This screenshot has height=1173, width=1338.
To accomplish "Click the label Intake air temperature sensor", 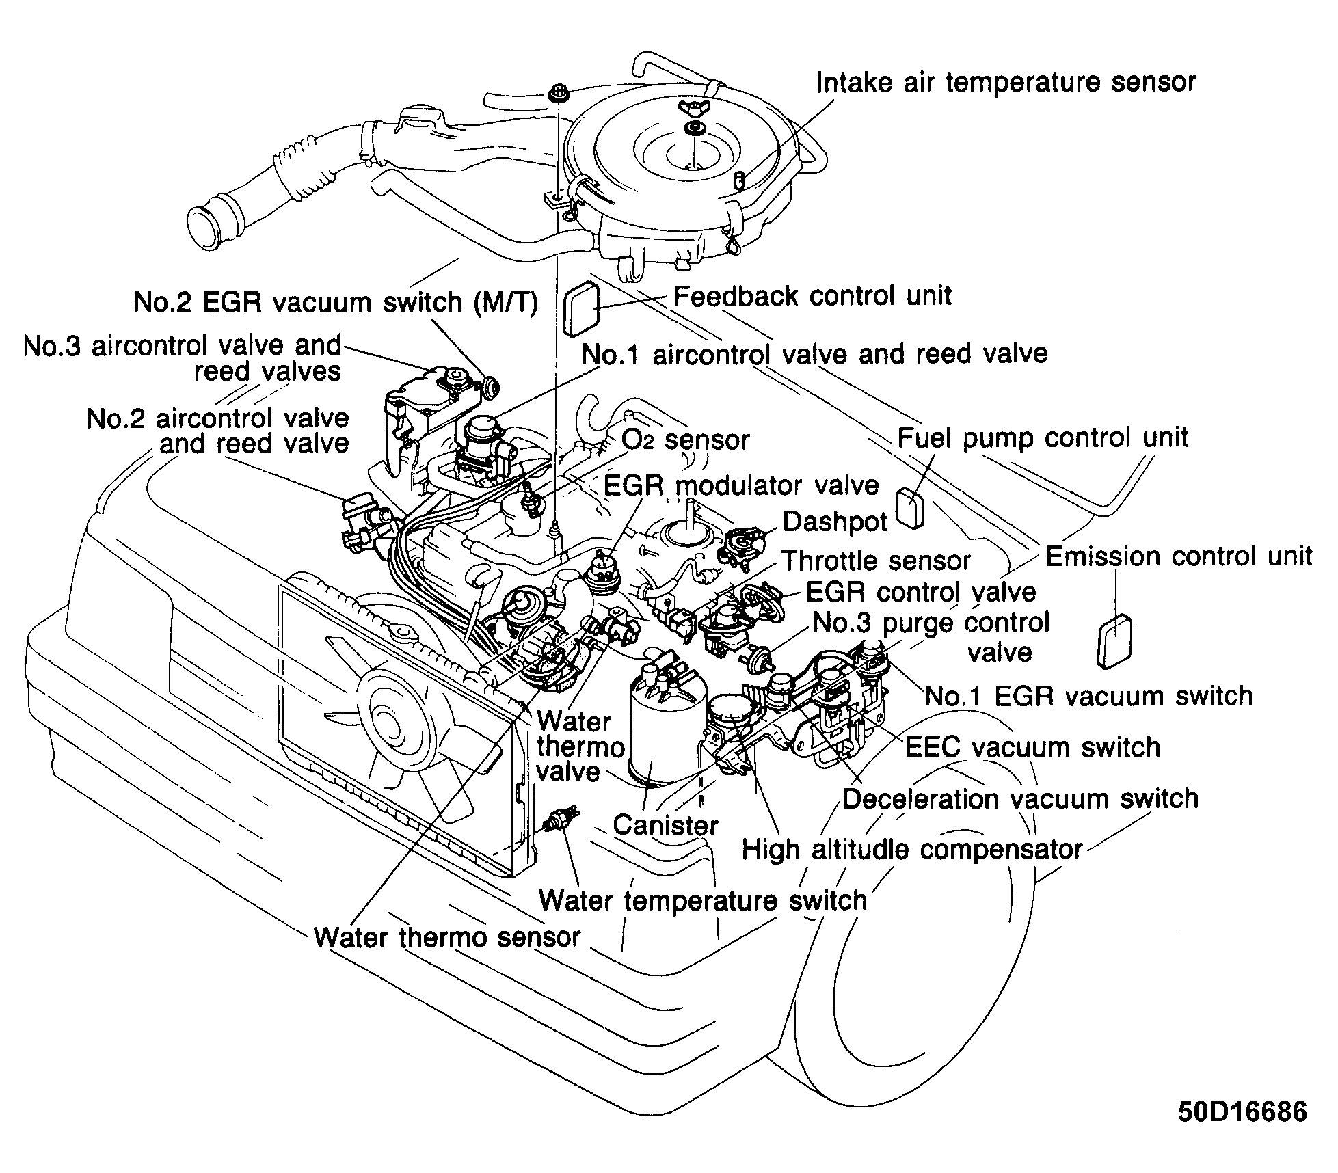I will pos(1006,83).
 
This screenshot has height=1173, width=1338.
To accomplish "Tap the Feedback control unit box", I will pos(581,310).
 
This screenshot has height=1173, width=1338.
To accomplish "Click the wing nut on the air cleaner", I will pos(691,106).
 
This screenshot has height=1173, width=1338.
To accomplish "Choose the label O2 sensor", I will pos(685,440).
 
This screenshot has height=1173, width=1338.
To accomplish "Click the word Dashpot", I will pos(834,522).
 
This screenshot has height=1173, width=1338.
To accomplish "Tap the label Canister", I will pos(665,825).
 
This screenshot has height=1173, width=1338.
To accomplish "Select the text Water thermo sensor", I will pos(447,937).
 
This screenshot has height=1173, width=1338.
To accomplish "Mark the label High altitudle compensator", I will pos(911,850).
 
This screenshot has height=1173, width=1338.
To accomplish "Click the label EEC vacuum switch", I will pos(1032,747).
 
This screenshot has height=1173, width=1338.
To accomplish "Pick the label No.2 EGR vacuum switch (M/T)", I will pos(335,302).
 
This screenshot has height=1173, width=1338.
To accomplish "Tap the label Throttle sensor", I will pos(876,561).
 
